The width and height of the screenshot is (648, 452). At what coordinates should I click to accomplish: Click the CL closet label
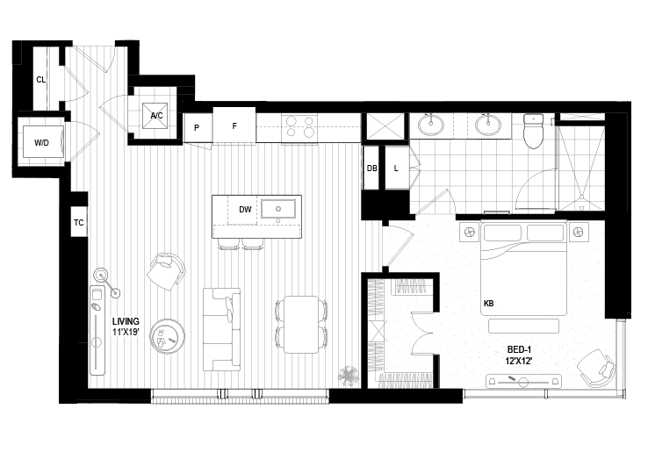(x=41, y=80)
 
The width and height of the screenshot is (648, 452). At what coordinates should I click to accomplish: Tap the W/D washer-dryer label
(x=41, y=143)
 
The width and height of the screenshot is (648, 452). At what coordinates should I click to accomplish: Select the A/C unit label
(x=156, y=116)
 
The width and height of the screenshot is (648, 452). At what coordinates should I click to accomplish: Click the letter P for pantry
(x=197, y=128)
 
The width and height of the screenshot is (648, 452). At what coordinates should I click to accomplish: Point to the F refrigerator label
(x=234, y=126)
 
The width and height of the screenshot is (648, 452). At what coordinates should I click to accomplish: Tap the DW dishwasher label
(x=245, y=210)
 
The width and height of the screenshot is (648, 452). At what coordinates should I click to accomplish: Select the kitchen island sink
(x=278, y=209)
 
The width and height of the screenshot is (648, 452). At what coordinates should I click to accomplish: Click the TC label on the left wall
(x=78, y=223)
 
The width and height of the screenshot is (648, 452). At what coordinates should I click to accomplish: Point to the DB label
(x=372, y=169)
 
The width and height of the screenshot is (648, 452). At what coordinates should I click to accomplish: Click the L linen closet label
(x=396, y=169)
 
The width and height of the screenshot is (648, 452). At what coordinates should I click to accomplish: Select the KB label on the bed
(x=488, y=304)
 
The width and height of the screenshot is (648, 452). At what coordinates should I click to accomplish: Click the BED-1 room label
(x=519, y=349)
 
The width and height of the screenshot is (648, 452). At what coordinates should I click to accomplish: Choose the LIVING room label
(x=126, y=321)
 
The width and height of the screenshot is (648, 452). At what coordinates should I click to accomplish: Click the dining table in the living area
(x=301, y=325)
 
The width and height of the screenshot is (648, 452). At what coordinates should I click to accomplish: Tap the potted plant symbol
(x=349, y=376)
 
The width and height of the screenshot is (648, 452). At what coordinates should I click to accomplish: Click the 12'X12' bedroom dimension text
(x=519, y=361)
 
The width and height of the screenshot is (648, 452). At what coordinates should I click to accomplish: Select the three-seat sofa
(x=222, y=329)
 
